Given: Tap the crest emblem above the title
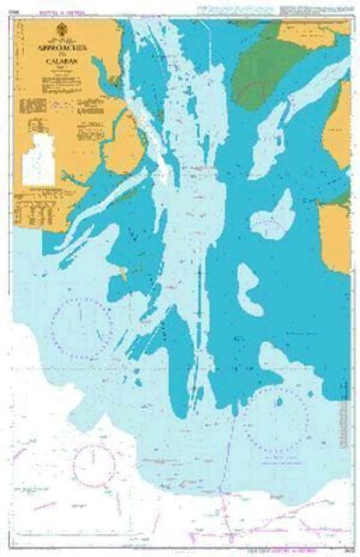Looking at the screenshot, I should point(56,41).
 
